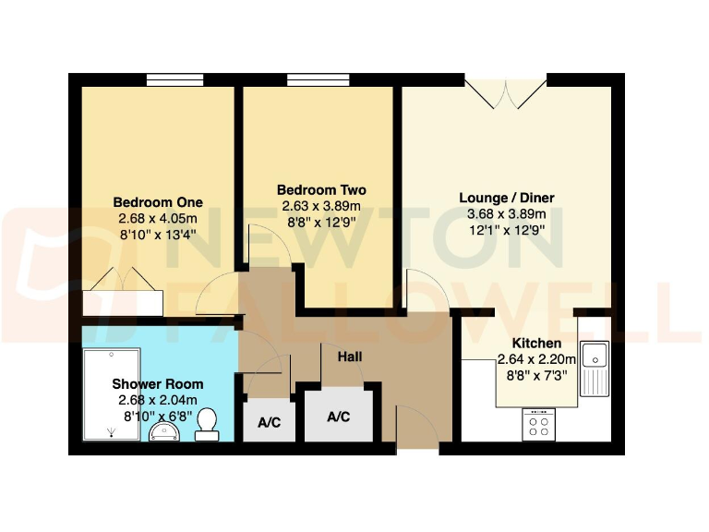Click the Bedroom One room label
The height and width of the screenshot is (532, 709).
pos(158,202)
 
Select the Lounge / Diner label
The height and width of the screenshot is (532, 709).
pos(507,198)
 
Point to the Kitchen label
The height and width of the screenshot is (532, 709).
pos(536,344)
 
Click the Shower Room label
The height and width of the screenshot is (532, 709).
pos(158,384)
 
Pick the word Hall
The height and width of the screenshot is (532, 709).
pos(349,357)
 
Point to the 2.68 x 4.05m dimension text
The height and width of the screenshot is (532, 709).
pos(158,219)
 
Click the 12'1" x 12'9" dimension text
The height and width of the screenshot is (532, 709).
pos(507,231)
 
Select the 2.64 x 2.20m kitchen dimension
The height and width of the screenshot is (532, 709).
pos(536,360)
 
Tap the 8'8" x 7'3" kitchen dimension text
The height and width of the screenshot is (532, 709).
pos(536,376)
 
